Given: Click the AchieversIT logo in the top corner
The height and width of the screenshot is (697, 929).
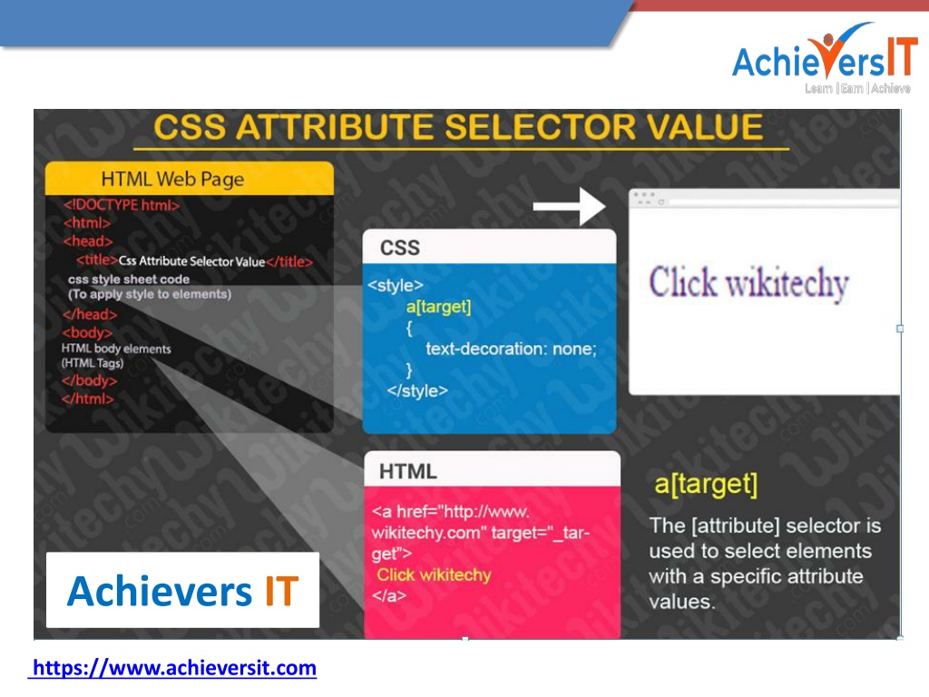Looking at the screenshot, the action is (824, 58).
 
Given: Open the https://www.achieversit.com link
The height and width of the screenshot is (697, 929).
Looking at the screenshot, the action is (173, 668).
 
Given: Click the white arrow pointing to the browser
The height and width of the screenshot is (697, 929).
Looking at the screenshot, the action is (569, 206).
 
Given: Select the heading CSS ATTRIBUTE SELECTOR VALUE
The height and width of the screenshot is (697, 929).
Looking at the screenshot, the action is (458, 127).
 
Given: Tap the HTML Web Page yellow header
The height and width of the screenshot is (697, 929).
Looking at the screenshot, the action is (190, 179).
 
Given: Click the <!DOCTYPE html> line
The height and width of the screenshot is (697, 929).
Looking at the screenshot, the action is (122, 205).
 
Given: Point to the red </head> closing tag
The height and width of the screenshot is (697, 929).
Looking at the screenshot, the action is (90, 314).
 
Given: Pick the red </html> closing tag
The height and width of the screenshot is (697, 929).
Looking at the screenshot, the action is (88, 398).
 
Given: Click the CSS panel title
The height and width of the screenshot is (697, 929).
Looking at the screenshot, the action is (400, 248).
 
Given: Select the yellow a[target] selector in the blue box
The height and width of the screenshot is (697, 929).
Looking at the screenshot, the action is (438, 307).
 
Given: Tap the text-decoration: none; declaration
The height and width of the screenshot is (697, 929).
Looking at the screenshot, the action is (511, 348).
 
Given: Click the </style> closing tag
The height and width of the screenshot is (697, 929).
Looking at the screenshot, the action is (417, 390).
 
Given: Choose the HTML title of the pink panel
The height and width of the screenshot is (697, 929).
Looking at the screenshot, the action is (407, 472).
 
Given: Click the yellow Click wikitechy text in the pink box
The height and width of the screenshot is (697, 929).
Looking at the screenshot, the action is (435, 574).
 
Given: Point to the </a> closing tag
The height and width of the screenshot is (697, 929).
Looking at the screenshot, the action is (388, 595).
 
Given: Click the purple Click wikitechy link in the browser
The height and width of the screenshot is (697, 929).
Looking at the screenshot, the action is (748, 283).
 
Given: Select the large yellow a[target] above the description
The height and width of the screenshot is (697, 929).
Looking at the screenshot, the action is (706, 485).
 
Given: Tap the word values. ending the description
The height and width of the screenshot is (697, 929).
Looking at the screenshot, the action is (681, 603).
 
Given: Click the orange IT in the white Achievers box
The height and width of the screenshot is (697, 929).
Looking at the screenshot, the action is (281, 591).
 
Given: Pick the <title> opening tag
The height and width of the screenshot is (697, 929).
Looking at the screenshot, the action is (96, 260).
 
